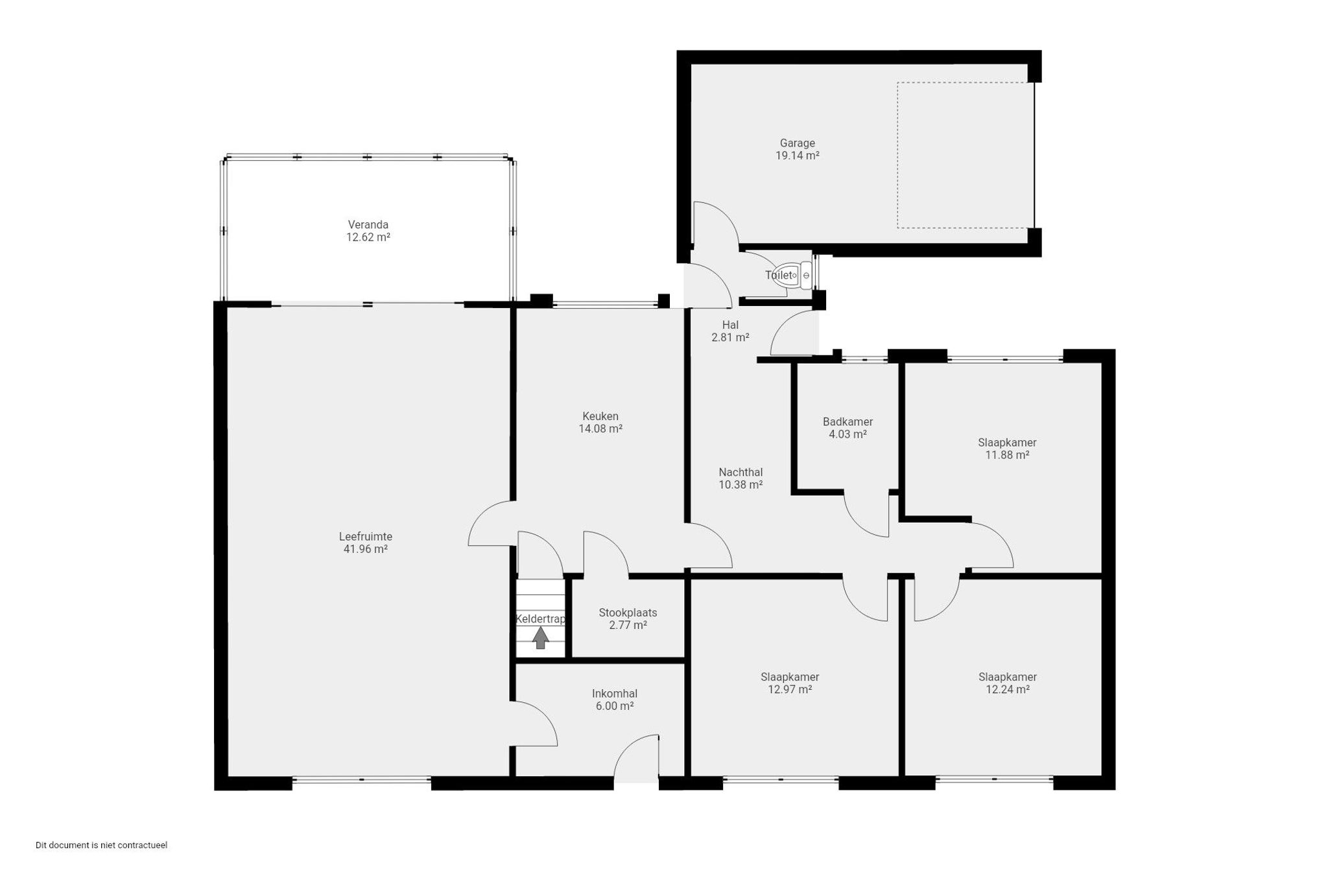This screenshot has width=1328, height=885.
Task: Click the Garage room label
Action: [x=797, y=143]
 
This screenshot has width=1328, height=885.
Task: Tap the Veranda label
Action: [x=368, y=225]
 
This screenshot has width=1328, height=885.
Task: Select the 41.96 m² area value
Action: [x=366, y=549]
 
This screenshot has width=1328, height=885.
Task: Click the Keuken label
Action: [x=600, y=416]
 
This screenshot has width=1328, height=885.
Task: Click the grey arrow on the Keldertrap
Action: [x=540, y=639]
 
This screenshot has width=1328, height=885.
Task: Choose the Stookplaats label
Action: [x=628, y=613]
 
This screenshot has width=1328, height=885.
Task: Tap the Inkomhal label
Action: [x=615, y=694]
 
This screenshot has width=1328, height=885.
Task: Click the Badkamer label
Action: [x=848, y=422]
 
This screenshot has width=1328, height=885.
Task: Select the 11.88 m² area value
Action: [x=1007, y=455]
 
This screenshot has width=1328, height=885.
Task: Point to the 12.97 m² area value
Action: [x=790, y=690]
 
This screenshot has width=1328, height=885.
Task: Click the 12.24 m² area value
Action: [x=1008, y=690]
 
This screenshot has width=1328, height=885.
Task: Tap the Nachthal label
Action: [x=741, y=473]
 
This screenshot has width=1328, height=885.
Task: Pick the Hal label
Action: [x=730, y=325]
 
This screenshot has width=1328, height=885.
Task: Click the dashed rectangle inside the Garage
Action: [x=898, y=155]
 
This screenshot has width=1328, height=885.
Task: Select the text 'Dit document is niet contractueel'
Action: [x=101, y=845]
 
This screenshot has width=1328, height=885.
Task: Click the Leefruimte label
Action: [x=366, y=537]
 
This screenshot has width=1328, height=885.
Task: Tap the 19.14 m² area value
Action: [x=797, y=156]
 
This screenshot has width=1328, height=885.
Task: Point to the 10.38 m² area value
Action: [x=741, y=484]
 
